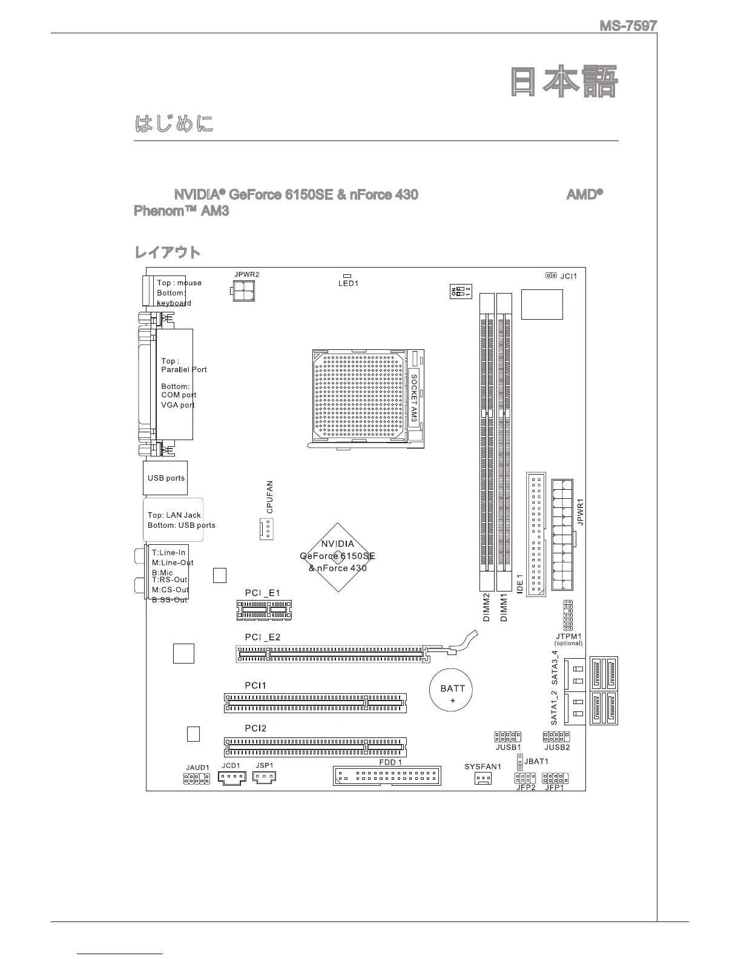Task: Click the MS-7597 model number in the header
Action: (628, 26)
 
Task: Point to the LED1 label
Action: (348, 283)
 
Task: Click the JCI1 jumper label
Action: (568, 276)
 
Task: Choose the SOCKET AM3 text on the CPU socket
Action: (413, 398)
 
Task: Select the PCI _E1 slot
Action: (264, 611)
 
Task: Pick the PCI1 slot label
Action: (255, 685)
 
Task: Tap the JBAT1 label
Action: (536, 761)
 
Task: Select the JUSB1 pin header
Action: (507, 737)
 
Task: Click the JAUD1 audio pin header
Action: (197, 779)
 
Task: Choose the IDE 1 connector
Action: (535, 536)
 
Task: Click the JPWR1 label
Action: (579, 512)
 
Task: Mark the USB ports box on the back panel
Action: (165, 478)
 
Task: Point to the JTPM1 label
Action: (568, 636)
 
